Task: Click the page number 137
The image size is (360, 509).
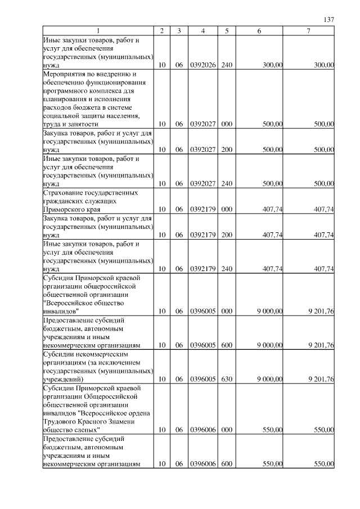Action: (x=330, y=20)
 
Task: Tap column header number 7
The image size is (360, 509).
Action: (x=308, y=31)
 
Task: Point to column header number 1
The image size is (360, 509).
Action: (x=98, y=31)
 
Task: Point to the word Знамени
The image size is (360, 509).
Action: (x=119, y=421)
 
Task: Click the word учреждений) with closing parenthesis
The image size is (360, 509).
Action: (x=63, y=380)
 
